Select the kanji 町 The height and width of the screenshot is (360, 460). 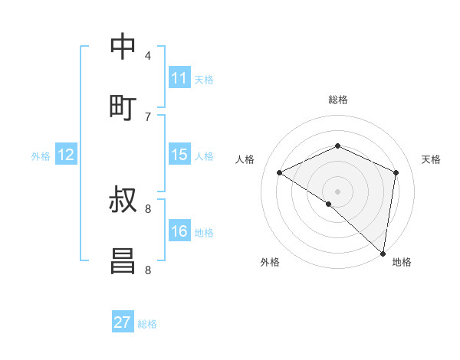(123, 106)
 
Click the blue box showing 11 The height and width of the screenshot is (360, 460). (179, 78)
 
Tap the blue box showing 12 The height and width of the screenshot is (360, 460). (66, 155)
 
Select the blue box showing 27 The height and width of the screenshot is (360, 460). (123, 322)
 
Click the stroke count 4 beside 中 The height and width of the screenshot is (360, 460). (148, 55)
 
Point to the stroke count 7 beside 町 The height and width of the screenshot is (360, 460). (148, 116)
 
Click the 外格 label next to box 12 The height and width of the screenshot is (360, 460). (41, 156)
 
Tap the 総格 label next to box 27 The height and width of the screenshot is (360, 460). (147, 324)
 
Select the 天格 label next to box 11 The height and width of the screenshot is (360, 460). (204, 79)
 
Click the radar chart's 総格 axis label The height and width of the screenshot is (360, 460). (337, 100)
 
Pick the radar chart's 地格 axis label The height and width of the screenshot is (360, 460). (402, 262)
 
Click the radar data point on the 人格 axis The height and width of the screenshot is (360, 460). (280, 173)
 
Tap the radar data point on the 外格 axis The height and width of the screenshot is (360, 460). (328, 204)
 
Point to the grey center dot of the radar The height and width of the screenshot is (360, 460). (337, 191)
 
